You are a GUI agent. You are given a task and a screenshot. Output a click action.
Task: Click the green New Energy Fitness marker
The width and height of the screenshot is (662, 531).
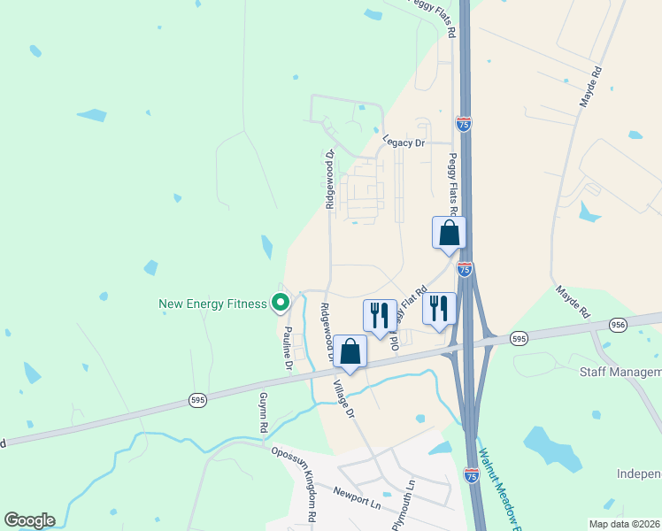281,304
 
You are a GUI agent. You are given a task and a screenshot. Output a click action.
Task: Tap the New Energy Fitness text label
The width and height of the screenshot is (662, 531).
212,304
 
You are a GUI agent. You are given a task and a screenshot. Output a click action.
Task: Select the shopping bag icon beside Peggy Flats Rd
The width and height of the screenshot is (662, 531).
449,234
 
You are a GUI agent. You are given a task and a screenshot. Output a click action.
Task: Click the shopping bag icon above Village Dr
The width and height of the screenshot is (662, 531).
350,351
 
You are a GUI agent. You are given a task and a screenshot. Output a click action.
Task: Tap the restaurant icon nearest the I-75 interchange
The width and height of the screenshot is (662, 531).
439,309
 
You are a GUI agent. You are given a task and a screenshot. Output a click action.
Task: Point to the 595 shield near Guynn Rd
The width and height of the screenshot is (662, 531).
198,401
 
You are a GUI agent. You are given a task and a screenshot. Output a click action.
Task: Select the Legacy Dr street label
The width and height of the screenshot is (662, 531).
404,142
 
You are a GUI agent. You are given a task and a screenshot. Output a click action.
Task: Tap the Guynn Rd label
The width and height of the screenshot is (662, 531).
263,414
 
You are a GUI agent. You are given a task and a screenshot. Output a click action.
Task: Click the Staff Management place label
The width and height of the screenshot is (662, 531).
620,373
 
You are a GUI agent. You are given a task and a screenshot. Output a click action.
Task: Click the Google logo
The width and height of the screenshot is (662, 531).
29,520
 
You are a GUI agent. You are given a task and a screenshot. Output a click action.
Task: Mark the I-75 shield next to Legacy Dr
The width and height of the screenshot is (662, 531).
464,125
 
